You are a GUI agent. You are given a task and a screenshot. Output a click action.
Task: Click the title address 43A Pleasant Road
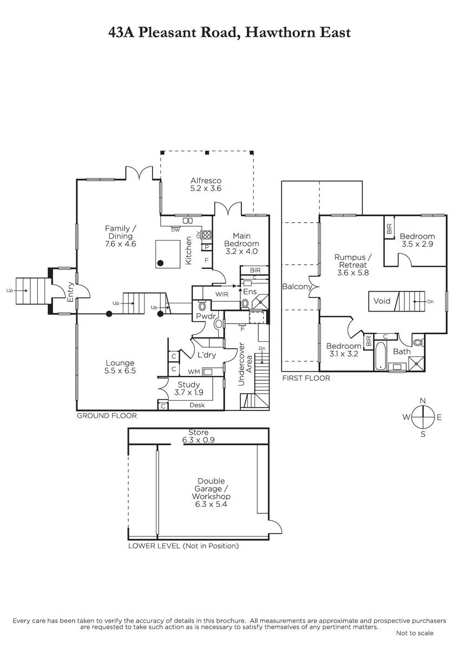click(229, 32)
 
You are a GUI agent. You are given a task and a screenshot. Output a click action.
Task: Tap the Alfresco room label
click(206, 181)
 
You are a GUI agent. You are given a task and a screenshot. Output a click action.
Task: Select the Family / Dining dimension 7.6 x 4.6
click(121, 244)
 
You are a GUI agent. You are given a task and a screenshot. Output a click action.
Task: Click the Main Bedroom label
click(241, 240)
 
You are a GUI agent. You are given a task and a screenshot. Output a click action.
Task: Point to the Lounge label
click(120, 363)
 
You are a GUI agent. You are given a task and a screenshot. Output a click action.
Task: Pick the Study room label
click(189, 385)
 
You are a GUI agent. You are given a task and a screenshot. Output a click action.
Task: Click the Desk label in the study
click(197, 405)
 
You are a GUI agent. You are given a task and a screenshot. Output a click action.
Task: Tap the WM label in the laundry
click(194, 372)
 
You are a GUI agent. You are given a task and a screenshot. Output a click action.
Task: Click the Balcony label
click(297, 287)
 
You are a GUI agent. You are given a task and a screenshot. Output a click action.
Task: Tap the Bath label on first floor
click(402, 352)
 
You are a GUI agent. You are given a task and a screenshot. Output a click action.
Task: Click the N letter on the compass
click(423, 400)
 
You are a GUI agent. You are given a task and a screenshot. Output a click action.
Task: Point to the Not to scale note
click(415, 633)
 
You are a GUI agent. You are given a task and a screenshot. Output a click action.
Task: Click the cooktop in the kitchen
click(206, 235)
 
